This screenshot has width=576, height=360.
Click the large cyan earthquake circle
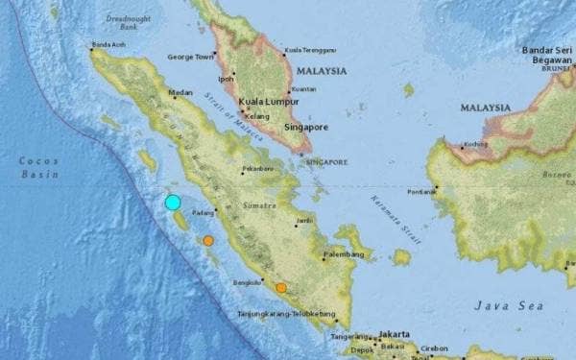173,202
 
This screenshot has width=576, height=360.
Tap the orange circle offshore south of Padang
208,241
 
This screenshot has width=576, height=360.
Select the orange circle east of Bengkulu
281,287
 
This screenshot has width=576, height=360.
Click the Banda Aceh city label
108,44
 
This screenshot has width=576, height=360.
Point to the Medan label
180,93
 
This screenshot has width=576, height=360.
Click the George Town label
189,57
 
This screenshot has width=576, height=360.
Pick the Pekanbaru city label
257,169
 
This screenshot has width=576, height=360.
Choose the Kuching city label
474,144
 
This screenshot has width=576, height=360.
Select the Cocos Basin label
38,167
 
